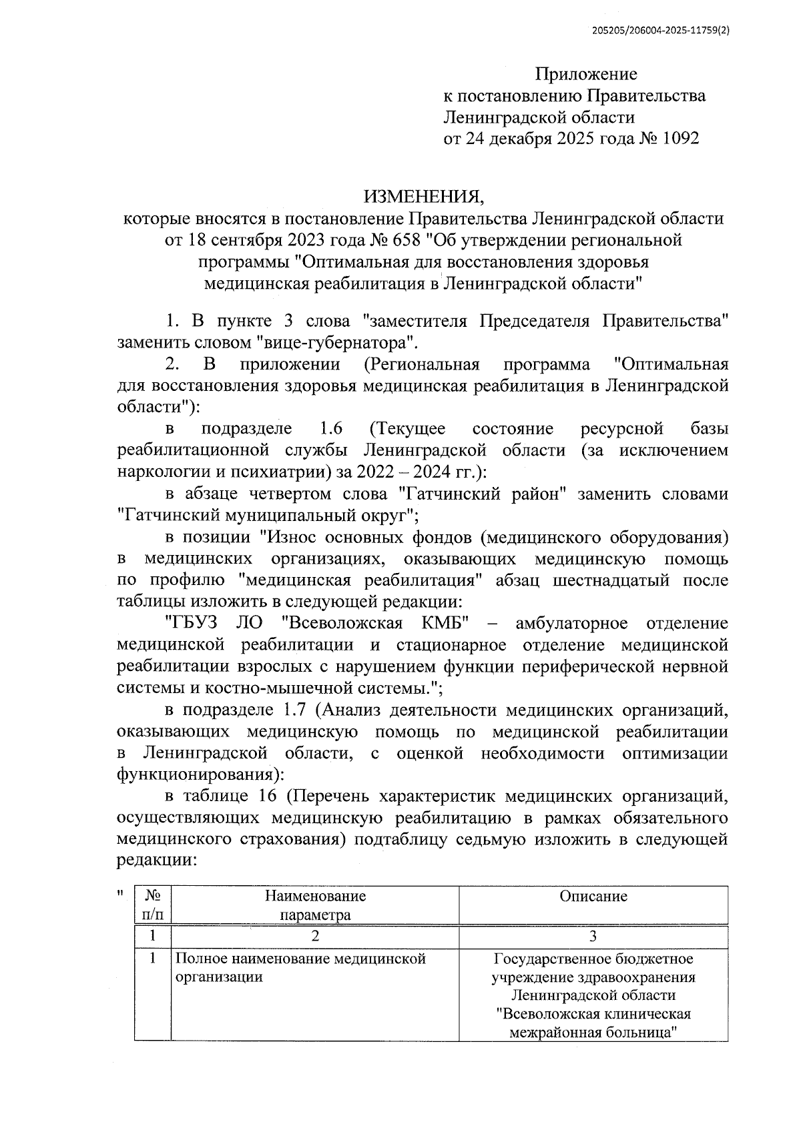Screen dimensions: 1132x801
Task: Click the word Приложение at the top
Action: (587, 74)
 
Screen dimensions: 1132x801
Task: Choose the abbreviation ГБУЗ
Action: (194, 623)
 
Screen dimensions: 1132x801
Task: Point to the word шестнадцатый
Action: (611, 579)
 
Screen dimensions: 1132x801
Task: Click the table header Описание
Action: (593, 896)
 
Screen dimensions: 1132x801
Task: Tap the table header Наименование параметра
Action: (315, 905)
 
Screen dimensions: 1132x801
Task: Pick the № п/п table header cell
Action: (152, 905)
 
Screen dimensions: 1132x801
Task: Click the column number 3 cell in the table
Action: (593, 936)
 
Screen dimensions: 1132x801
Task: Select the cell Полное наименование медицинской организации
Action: (300, 968)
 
